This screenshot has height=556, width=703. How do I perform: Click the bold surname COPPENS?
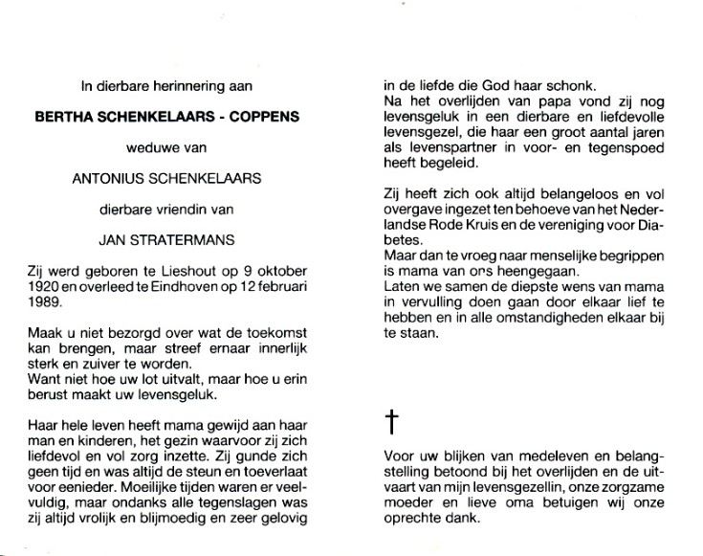(x=260, y=117)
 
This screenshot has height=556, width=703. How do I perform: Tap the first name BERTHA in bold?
(x=65, y=117)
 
